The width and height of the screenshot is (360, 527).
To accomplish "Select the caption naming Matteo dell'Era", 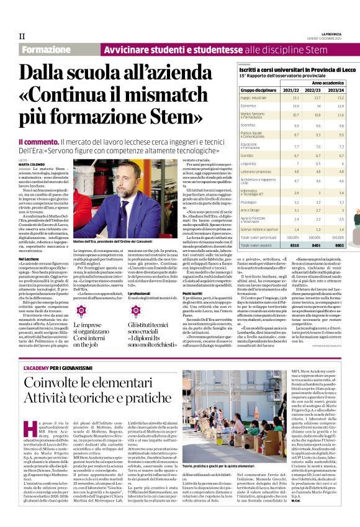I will (x=112, y=222).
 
